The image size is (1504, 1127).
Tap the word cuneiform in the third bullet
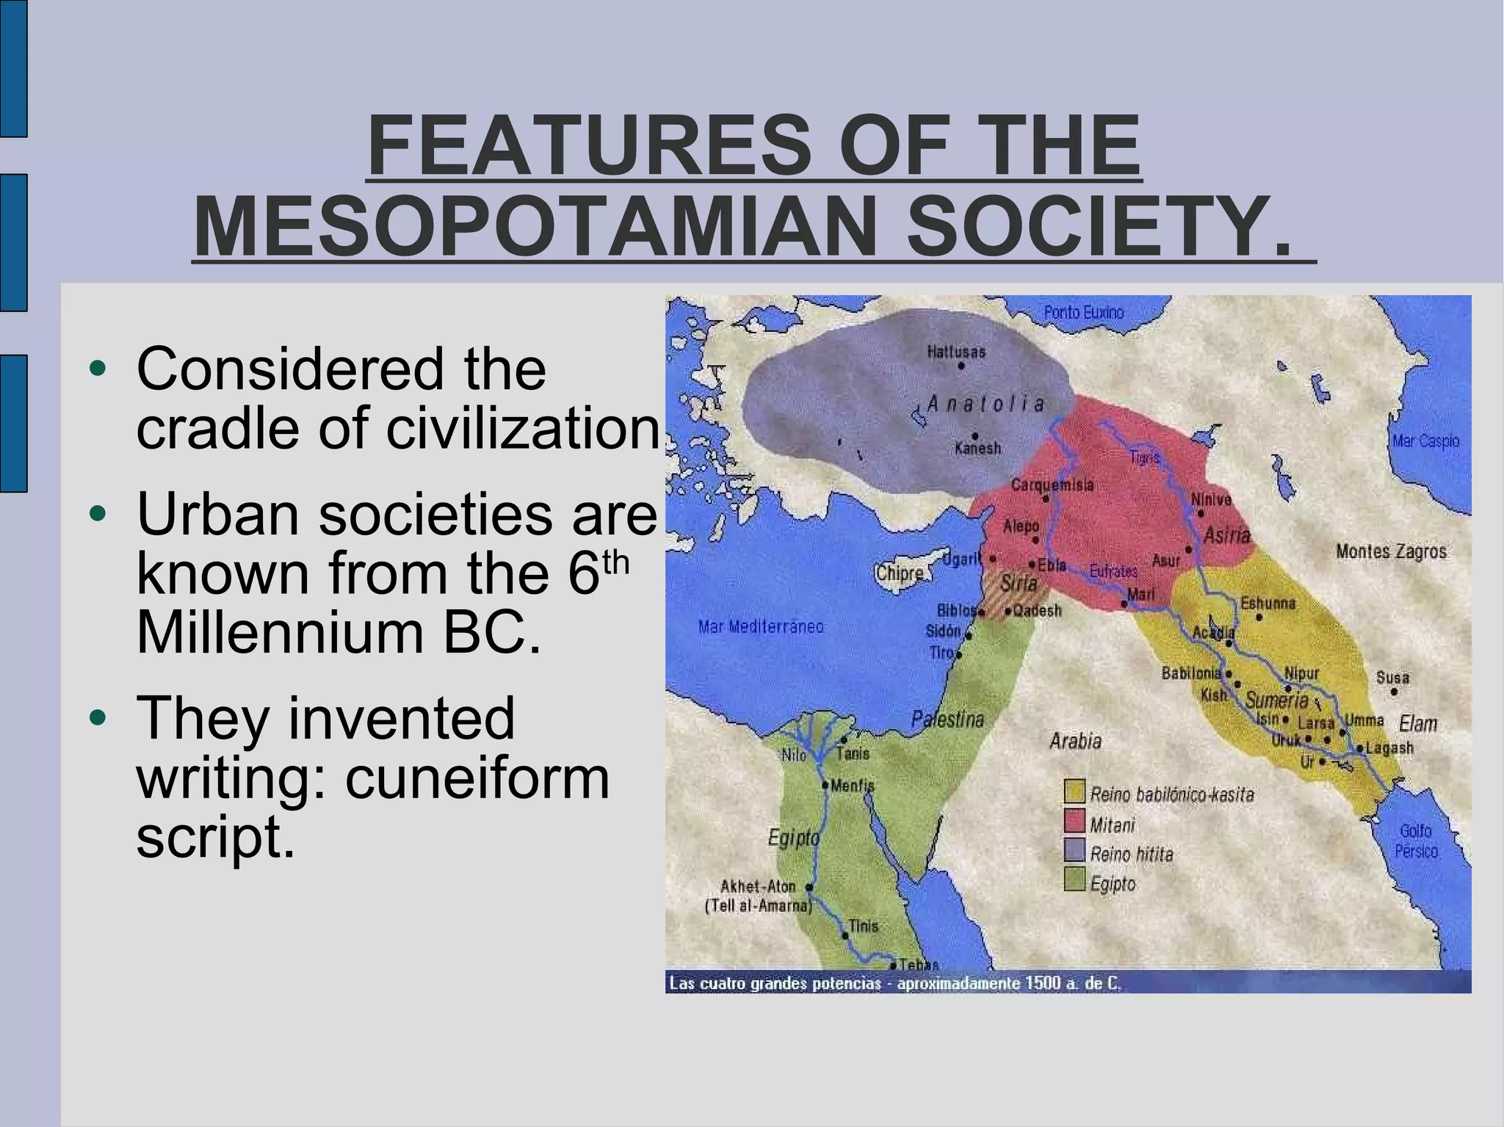click(477, 778)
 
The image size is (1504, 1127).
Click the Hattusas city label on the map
click(956, 352)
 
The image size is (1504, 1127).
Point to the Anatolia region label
click(986, 404)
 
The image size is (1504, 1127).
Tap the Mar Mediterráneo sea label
click(761, 627)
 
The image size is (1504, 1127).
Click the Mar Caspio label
click(1425, 441)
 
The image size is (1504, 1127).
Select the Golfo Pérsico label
click(1416, 841)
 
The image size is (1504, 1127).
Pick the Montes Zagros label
click(1391, 551)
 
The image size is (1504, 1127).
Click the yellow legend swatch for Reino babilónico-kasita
click(1075, 791)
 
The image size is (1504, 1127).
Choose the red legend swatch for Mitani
click(1075, 821)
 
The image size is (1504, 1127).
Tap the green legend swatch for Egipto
click(1075, 879)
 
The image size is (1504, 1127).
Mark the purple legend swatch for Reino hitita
click(1075, 850)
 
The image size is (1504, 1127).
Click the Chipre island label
click(899, 573)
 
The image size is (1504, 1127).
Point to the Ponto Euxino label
click(1083, 313)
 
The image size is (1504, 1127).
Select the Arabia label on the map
click(1075, 742)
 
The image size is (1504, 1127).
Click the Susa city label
click(1392, 677)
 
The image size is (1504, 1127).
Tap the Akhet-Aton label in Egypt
click(758, 887)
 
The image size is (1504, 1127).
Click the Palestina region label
click(947, 720)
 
